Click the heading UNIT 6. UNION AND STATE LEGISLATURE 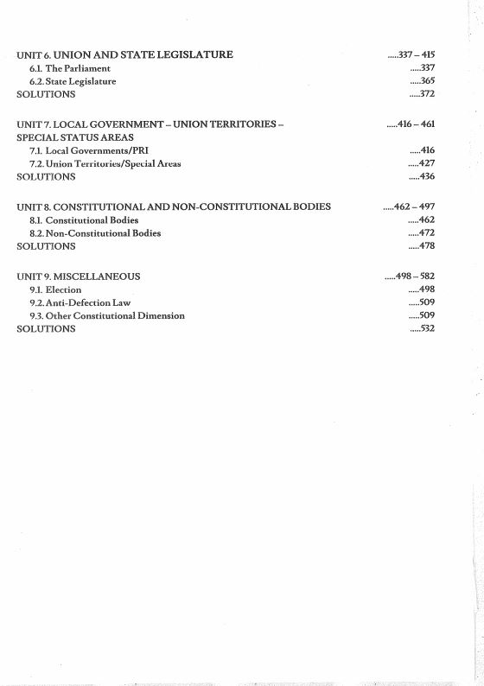[124, 55]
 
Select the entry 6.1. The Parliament [70, 68]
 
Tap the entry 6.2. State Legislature [73, 81]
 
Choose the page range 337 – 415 [413, 55]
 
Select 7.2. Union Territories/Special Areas [105, 164]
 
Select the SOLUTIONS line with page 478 [47, 246]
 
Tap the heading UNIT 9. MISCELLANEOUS [79, 276]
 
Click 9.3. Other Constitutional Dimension [107, 316]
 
